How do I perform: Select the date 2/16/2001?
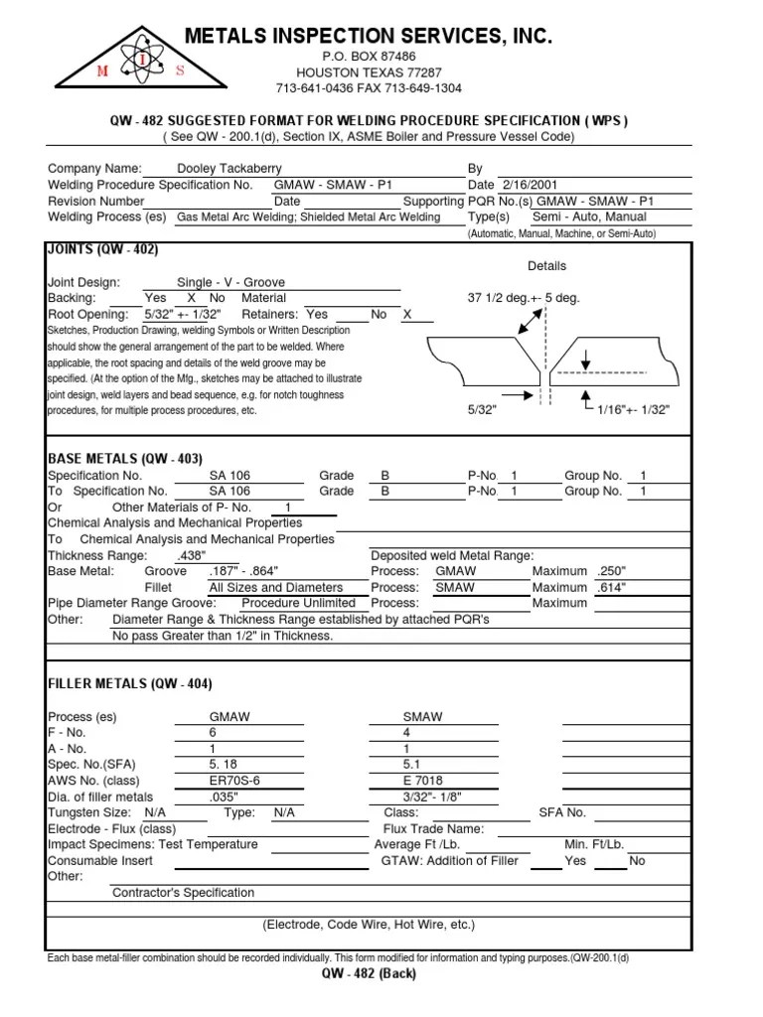pos(530,185)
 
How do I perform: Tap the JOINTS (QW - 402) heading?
pos(103,249)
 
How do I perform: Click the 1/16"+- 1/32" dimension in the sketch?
pos(634,409)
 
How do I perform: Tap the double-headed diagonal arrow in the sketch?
pos(529,324)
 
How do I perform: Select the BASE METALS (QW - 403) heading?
pos(125,459)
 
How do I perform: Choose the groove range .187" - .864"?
pos(243,571)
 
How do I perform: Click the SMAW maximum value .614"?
pos(616,587)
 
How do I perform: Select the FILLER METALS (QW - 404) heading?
pos(129,684)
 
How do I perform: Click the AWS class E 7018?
pos(424,781)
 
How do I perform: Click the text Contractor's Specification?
pos(183,893)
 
